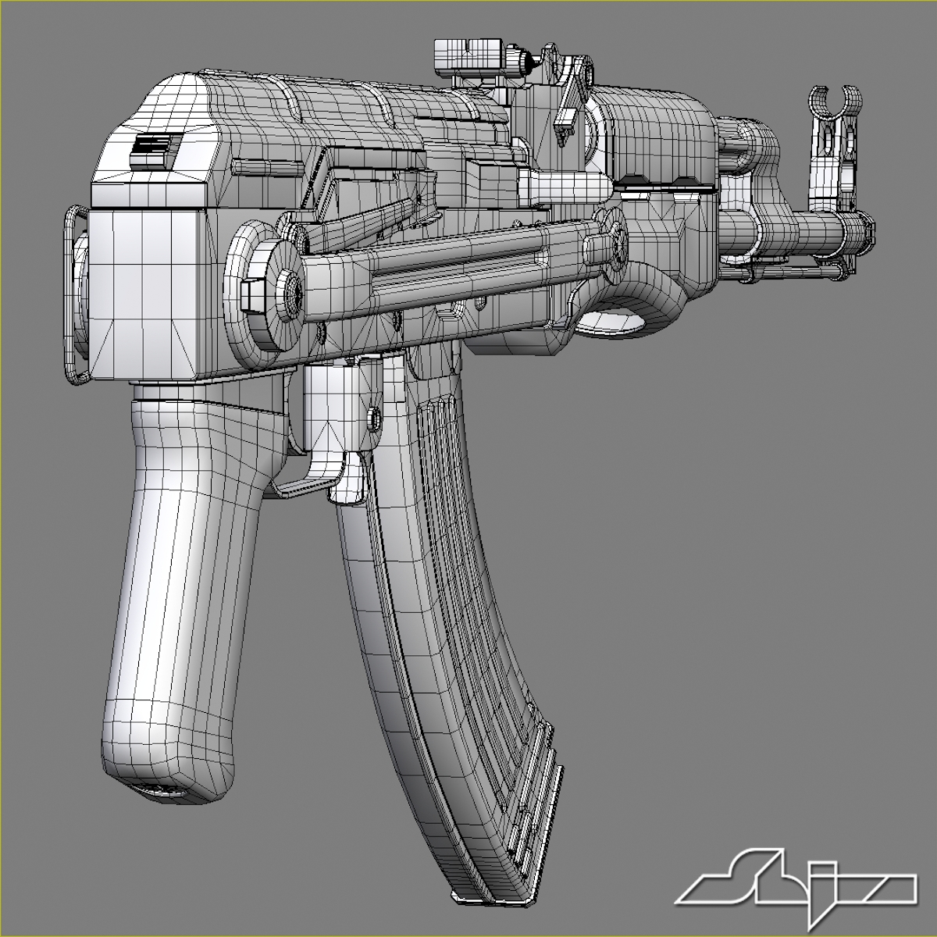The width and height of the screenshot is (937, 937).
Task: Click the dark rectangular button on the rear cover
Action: [x=156, y=148]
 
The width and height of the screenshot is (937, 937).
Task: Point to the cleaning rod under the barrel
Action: [x=796, y=273]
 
